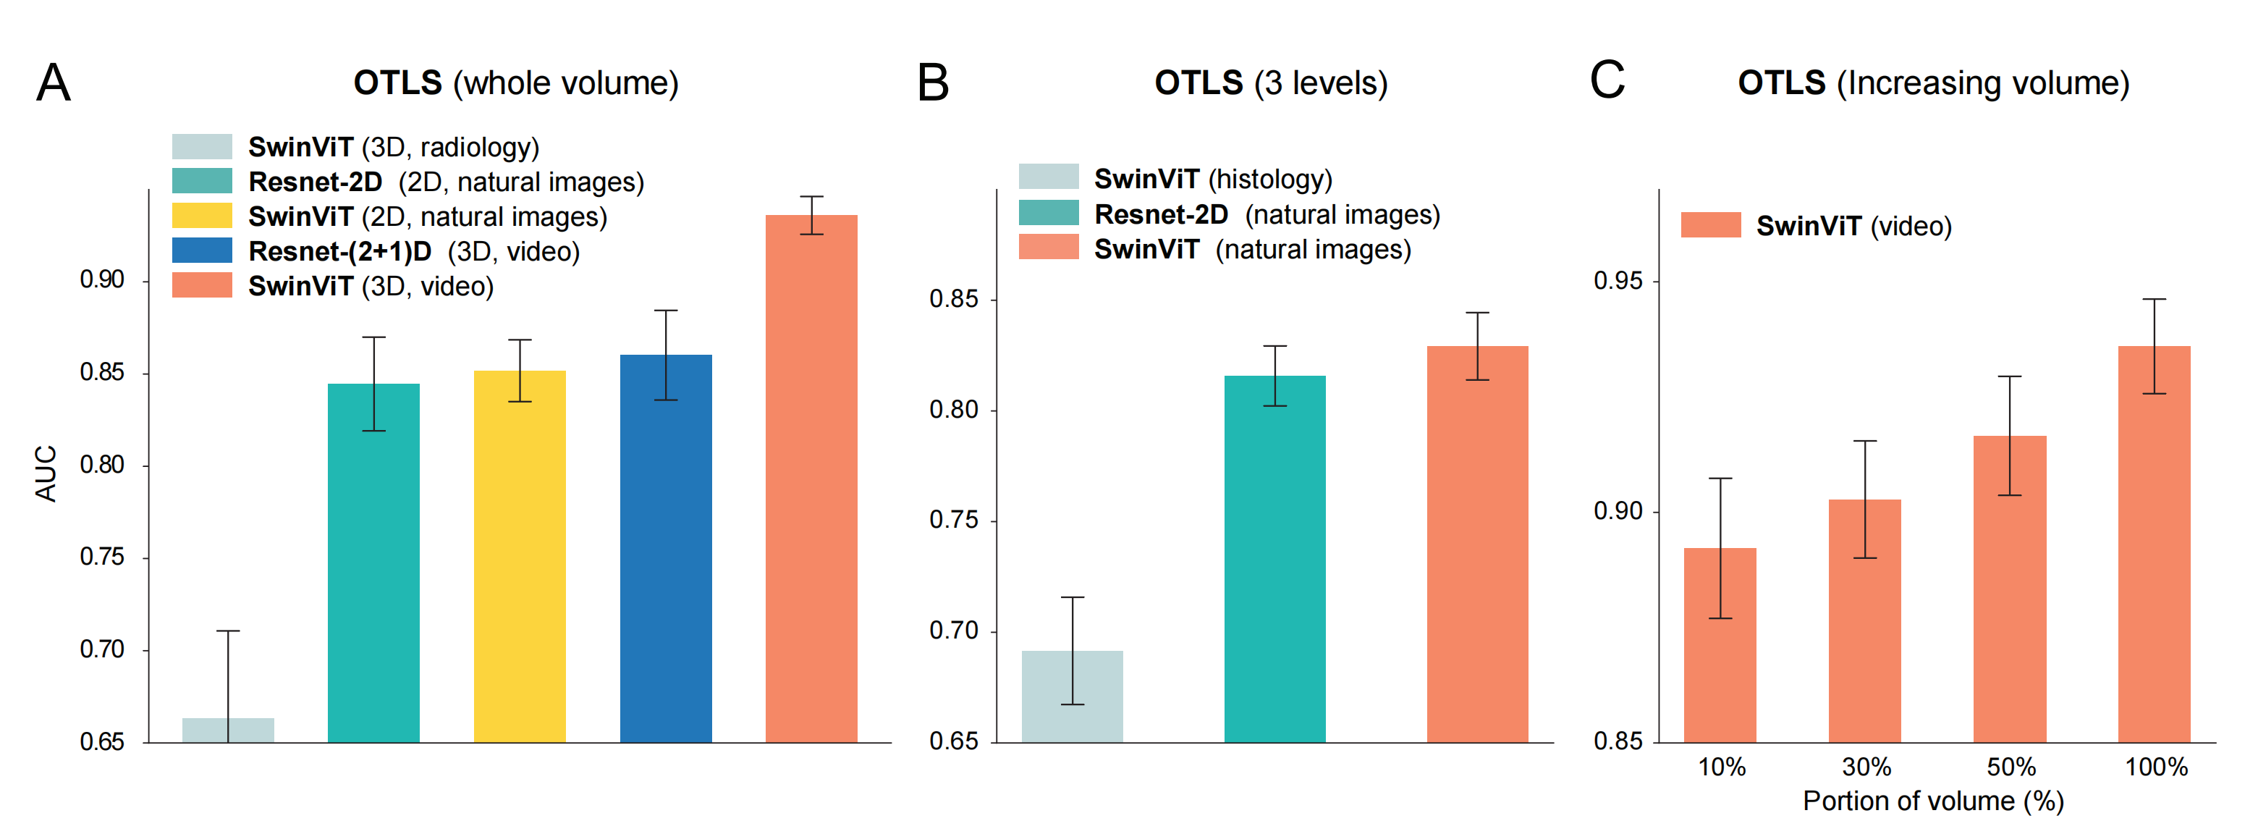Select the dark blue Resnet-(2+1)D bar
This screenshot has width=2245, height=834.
666,548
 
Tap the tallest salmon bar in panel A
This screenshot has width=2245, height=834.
811,479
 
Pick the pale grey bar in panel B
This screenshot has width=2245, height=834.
1072,696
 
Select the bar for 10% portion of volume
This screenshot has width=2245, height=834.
1720,645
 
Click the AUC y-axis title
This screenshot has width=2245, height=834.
46,473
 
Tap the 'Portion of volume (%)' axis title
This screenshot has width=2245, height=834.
1933,801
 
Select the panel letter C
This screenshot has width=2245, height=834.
1607,80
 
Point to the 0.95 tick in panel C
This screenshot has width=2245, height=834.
1618,281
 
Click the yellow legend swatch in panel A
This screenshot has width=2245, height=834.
202,215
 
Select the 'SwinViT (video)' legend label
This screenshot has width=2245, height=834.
1853,227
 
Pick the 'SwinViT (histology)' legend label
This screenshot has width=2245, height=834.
1213,180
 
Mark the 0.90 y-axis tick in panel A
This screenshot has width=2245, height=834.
102,279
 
